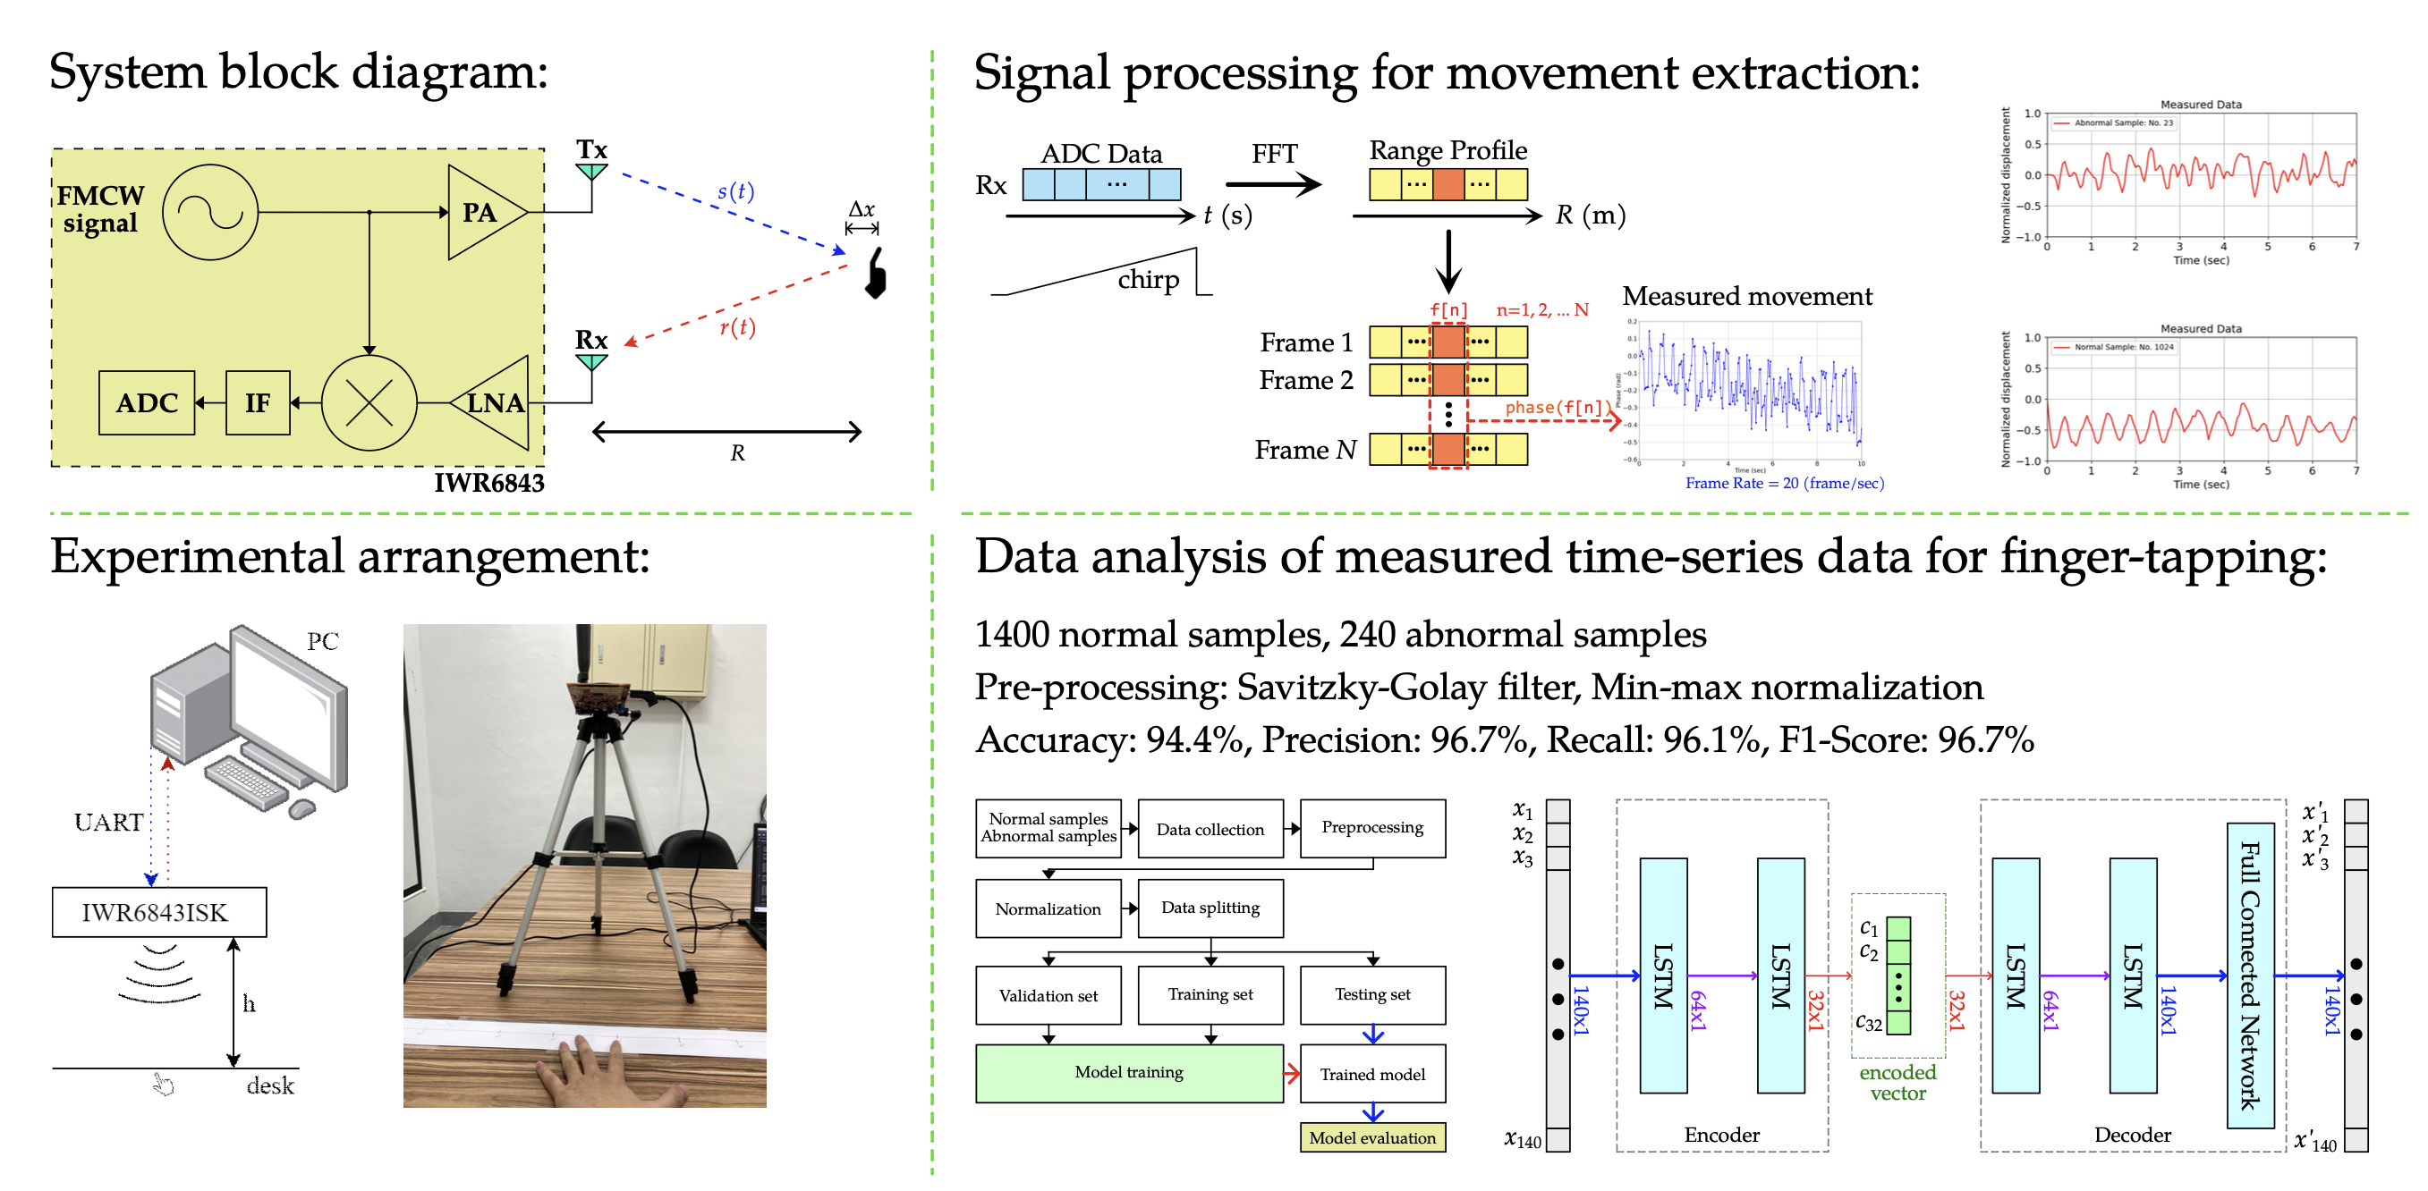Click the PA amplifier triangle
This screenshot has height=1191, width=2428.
[481, 212]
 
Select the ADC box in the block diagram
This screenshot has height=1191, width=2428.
[146, 403]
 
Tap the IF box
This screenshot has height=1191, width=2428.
[258, 403]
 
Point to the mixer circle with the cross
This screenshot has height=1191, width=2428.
[369, 403]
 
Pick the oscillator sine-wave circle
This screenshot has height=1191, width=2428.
[209, 212]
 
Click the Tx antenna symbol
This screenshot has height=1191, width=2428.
[591, 171]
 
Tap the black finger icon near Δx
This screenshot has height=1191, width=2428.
[877, 275]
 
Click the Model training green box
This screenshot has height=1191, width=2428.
[1128, 1072]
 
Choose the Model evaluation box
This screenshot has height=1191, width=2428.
[1371, 1137]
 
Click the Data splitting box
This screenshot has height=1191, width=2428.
[1210, 908]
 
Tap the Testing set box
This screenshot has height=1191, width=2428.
[1371, 994]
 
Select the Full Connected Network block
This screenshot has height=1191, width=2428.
[2249, 975]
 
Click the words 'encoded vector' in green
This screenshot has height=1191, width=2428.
[1897, 1083]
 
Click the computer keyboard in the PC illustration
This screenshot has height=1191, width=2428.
[247, 782]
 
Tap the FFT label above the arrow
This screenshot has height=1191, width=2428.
[1273, 154]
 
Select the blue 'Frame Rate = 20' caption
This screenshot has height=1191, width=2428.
[1783, 484]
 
